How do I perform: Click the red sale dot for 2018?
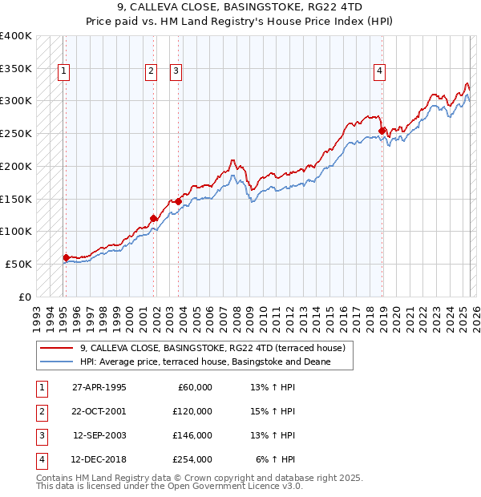382,131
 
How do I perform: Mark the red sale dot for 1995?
67,257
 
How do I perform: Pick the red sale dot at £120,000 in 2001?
153,217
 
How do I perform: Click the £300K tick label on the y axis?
16,101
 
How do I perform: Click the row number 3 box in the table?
40,435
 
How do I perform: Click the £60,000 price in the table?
193,386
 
